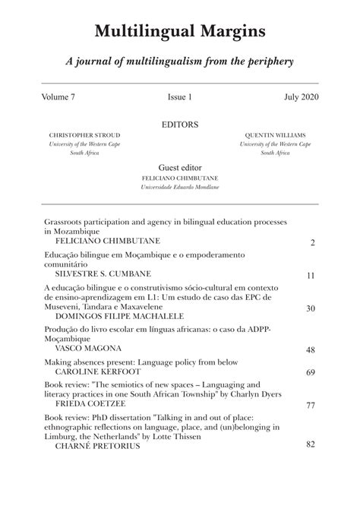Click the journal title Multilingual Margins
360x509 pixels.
point(180,31)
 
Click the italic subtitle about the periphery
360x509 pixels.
point(179,62)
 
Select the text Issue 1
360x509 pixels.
point(180,98)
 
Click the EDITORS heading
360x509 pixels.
point(180,124)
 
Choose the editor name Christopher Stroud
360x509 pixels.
point(84,135)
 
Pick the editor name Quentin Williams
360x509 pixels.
point(274,135)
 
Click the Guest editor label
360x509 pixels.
point(180,167)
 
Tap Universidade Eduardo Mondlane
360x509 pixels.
point(180,186)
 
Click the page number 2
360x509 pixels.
point(312,243)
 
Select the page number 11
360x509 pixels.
point(311,276)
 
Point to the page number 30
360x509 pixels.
point(311,308)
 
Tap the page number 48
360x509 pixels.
point(311,349)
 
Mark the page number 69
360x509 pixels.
point(311,373)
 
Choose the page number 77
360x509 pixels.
point(311,406)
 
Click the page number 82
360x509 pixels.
point(311,443)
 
